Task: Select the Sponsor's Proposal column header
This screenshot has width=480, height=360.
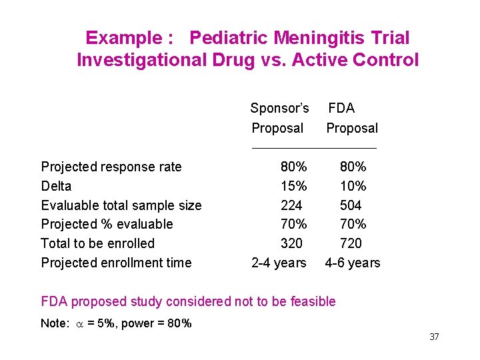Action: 279,118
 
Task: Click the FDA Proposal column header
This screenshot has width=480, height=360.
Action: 351,118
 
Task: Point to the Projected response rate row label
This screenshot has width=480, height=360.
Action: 111,167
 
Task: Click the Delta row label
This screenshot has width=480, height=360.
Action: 56,186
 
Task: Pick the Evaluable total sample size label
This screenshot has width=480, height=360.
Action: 121,205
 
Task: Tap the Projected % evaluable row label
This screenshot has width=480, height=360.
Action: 107,224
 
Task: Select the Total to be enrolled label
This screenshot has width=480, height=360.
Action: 97,243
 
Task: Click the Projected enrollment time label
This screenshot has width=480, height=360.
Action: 116,263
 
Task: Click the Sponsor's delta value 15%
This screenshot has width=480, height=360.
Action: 293,186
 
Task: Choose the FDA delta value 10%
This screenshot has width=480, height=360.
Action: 353,186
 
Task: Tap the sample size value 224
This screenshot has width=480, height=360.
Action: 291,205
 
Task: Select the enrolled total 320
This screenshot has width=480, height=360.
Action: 291,243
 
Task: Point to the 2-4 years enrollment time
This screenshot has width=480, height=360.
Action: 279,263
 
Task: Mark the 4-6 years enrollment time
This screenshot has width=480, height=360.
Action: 353,263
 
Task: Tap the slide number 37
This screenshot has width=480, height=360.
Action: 434,337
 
